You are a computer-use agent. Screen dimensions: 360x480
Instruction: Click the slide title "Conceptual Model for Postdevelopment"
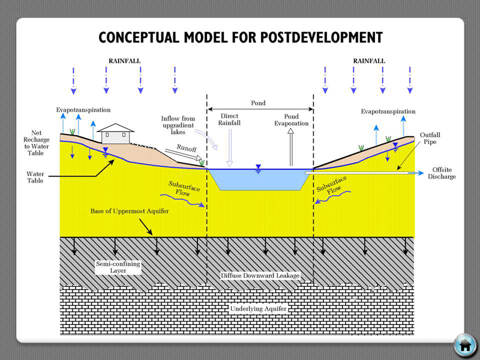point(240,37)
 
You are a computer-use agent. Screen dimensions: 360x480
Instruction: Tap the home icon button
point(464,345)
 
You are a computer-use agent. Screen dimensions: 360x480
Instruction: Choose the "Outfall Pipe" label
point(429,139)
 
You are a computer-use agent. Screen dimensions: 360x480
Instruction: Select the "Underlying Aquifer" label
point(259,309)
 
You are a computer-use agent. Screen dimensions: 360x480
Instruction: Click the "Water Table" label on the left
point(35,176)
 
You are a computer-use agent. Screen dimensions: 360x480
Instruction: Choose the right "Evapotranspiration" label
point(388,112)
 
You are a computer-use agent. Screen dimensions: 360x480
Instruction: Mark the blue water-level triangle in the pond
point(259,166)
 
